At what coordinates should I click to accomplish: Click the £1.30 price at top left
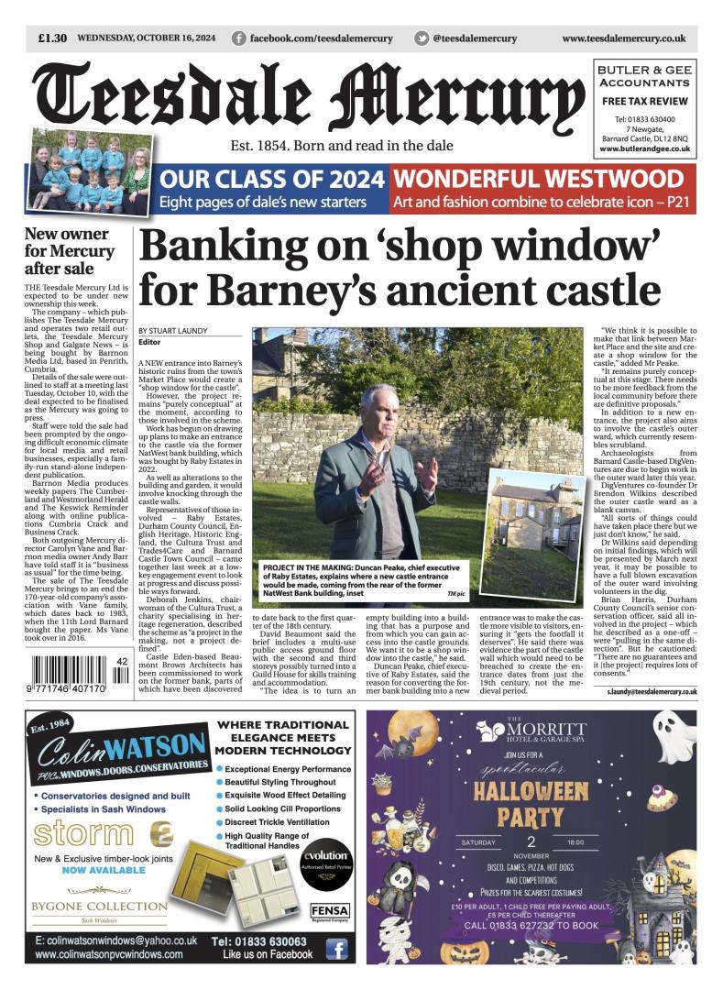[x=53, y=38]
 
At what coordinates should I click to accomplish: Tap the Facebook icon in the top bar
[x=238, y=38]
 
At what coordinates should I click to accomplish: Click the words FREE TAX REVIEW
[x=646, y=101]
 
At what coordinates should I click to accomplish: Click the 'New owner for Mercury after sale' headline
[x=70, y=250]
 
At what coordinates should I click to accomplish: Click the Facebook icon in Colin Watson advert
[x=336, y=950]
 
